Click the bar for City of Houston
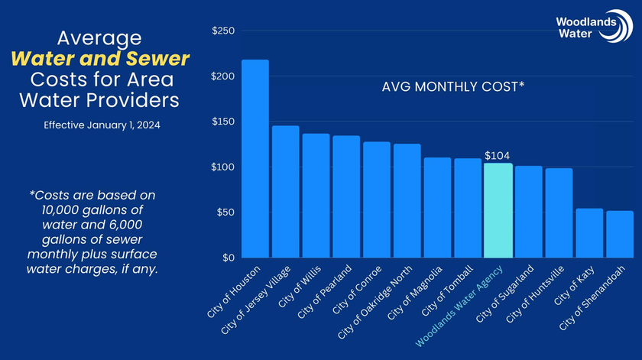pos(255,159)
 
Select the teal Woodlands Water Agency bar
pos(498,210)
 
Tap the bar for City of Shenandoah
pos(620,234)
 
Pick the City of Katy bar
pos(589,233)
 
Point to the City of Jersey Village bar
pos(285,192)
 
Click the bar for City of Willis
pos(316,196)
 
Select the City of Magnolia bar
pos(437,208)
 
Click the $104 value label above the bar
pos(497,156)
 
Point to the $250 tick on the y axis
pos(223,31)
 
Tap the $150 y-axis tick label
pos(223,122)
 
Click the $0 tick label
pos(229,258)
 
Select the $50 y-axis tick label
pos(225,212)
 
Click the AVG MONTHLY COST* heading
pos(453,87)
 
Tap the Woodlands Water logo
pos(594,26)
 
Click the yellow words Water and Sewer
pos(100,59)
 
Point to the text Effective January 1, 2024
pos(102,125)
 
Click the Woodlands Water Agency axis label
pos(459,306)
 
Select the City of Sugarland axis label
pos(505,294)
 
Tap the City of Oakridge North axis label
pos(374,302)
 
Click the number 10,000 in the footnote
pos(60,210)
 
